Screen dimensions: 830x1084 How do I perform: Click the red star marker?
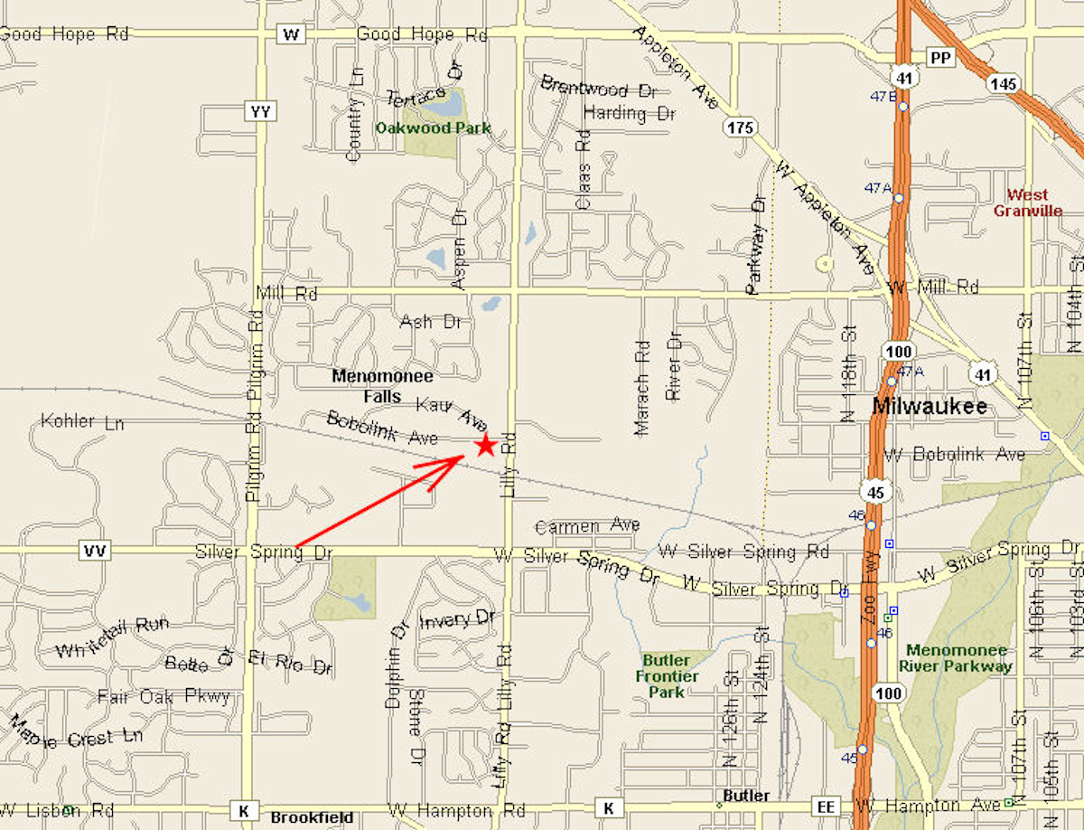click(x=485, y=444)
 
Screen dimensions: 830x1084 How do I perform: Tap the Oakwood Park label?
click(x=434, y=128)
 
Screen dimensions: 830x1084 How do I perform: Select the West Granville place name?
click(x=1028, y=203)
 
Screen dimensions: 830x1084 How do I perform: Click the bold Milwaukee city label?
click(x=930, y=407)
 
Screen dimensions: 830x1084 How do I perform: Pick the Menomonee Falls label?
click(x=383, y=385)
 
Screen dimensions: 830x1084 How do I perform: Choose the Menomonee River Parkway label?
click(x=958, y=658)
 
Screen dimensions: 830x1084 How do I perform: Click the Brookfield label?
click(x=313, y=817)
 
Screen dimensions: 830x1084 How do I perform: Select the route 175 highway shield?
click(x=739, y=127)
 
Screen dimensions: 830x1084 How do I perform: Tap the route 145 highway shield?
click(x=1003, y=84)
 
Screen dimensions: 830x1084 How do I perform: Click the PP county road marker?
click(x=941, y=58)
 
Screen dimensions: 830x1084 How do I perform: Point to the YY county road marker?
click(x=260, y=111)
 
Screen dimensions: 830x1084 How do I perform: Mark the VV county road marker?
click(x=94, y=551)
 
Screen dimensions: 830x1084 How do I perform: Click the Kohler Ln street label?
click(x=82, y=422)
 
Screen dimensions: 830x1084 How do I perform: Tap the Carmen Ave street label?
click(x=587, y=526)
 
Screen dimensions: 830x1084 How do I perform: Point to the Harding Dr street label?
click(x=630, y=114)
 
